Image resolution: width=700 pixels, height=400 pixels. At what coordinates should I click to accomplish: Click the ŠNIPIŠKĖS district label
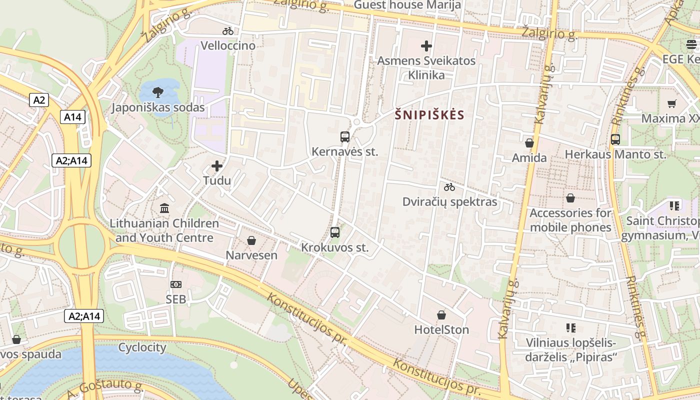click(429, 115)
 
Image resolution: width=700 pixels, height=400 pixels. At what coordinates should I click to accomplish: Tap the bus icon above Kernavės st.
click(344, 136)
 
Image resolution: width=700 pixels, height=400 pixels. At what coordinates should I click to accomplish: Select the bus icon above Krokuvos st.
click(335, 232)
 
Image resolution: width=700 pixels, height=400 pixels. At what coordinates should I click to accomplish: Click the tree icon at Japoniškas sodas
click(158, 92)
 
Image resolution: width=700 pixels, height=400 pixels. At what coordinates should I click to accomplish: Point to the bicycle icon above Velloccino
click(228, 31)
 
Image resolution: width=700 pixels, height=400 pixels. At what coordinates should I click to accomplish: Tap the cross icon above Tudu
click(217, 165)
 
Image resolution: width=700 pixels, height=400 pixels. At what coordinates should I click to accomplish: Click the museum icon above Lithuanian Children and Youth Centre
click(164, 208)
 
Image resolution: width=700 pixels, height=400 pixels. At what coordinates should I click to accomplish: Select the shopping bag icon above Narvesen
click(251, 241)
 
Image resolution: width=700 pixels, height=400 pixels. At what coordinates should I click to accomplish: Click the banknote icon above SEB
click(176, 284)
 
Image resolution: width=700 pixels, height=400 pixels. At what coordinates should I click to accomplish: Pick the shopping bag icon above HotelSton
click(441, 315)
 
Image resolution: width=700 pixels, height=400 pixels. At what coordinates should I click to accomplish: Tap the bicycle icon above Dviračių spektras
click(449, 187)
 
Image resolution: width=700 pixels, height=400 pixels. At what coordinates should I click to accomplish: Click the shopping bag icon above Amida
click(529, 143)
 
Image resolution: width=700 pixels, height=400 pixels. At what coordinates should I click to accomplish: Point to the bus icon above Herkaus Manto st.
click(615, 139)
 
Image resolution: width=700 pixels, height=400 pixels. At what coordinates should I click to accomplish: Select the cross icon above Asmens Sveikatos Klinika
click(426, 46)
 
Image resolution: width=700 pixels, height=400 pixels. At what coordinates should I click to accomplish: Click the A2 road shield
click(39, 100)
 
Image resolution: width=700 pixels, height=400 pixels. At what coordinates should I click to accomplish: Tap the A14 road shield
click(73, 117)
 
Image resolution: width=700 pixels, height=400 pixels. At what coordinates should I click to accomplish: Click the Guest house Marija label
click(407, 5)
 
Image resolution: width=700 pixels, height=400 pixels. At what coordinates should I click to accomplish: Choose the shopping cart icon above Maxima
click(671, 104)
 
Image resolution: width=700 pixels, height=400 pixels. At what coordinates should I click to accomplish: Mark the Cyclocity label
click(142, 347)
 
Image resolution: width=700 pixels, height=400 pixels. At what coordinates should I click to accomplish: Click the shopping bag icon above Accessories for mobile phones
click(570, 198)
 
